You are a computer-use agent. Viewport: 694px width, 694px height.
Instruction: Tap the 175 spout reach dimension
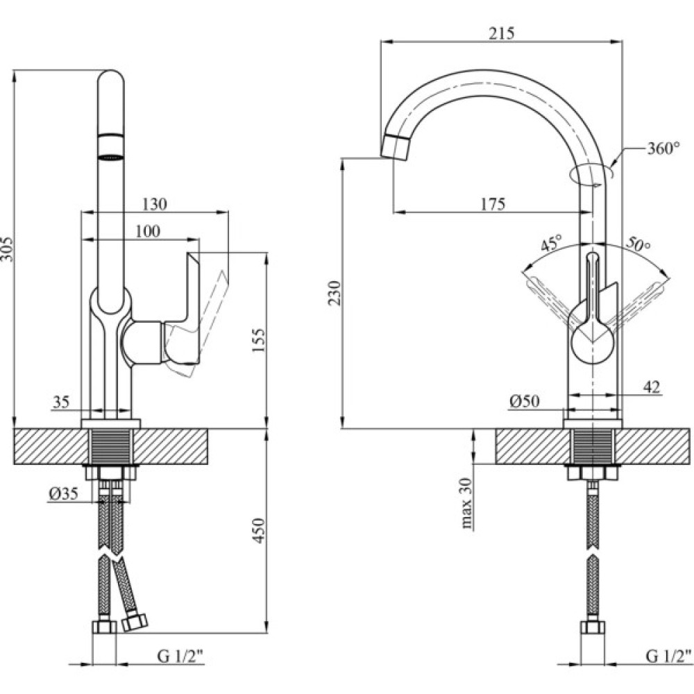coord(492,204)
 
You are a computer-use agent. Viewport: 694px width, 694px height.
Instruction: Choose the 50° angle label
coord(637,244)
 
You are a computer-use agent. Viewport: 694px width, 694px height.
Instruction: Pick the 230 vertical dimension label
coord(335,294)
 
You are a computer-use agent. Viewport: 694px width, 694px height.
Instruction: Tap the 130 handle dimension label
coord(154,204)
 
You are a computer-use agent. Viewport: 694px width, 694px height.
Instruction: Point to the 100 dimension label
coord(147,231)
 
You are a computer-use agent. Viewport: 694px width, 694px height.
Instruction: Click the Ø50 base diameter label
coord(525,400)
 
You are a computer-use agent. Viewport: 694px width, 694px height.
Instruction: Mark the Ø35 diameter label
coord(63,494)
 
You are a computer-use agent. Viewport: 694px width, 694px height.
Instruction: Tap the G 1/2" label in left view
coord(183,655)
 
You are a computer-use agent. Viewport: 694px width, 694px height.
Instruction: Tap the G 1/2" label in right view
coord(669,655)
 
